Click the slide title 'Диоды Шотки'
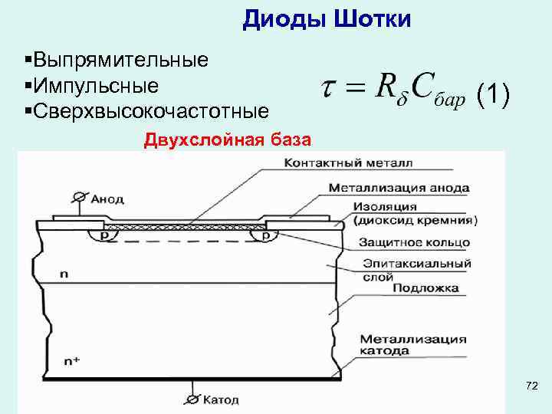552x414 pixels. (x=327, y=19)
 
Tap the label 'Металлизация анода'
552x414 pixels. (x=399, y=187)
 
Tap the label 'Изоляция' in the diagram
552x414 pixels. (x=386, y=206)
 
